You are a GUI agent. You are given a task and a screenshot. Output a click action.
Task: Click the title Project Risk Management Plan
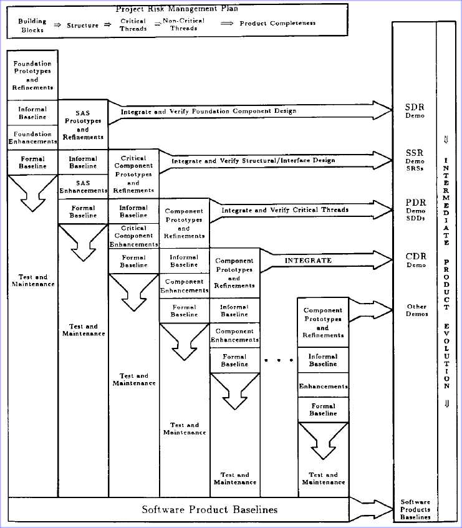(x=177, y=9)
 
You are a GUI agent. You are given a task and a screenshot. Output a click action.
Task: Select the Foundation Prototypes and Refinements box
(x=32, y=75)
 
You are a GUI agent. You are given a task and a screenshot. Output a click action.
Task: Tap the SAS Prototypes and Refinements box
(x=83, y=125)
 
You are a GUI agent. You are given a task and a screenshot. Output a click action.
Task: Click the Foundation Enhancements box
(x=32, y=138)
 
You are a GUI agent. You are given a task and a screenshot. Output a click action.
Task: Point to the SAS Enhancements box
(x=83, y=187)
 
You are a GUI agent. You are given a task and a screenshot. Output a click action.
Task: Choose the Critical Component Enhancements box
(x=133, y=236)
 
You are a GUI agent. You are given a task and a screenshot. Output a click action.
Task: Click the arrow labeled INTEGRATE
(x=326, y=261)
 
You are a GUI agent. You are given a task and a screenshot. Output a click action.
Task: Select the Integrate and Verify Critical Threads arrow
(x=301, y=211)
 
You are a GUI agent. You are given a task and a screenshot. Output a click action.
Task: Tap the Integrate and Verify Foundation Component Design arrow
(x=250, y=112)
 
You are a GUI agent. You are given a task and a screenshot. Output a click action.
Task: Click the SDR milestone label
(x=415, y=110)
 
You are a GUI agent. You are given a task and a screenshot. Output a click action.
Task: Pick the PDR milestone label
(x=415, y=209)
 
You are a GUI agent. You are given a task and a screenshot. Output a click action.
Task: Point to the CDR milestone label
(x=416, y=260)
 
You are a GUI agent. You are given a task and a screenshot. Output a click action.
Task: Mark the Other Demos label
(x=417, y=310)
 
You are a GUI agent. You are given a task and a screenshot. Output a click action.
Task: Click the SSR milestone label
(x=415, y=160)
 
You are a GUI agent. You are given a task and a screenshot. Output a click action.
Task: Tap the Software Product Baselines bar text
(x=209, y=509)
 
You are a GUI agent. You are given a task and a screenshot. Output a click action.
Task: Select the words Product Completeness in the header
(x=277, y=23)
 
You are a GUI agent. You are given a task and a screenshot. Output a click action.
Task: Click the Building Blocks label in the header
(x=32, y=26)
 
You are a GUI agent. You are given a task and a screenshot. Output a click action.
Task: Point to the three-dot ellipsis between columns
(x=279, y=360)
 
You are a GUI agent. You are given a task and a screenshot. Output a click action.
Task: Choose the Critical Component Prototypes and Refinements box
(x=133, y=174)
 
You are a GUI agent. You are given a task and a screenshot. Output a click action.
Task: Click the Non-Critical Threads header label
(x=183, y=24)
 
